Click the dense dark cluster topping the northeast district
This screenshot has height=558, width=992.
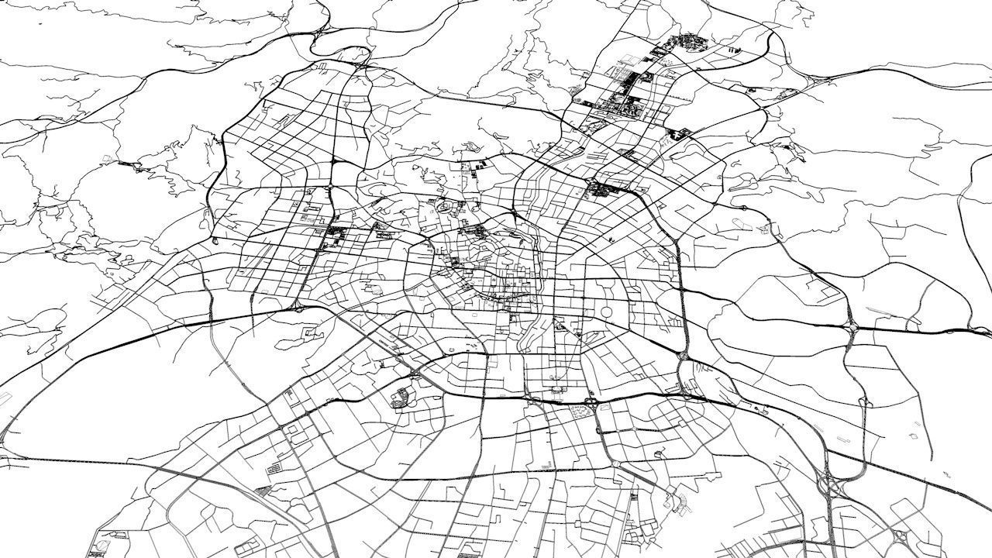point(684,42)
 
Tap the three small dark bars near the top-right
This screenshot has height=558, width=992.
point(732,50)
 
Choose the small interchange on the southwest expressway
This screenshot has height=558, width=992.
point(298,308)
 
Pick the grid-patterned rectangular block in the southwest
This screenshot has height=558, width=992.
point(275,468)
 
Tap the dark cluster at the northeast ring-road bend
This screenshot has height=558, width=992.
point(600,188)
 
